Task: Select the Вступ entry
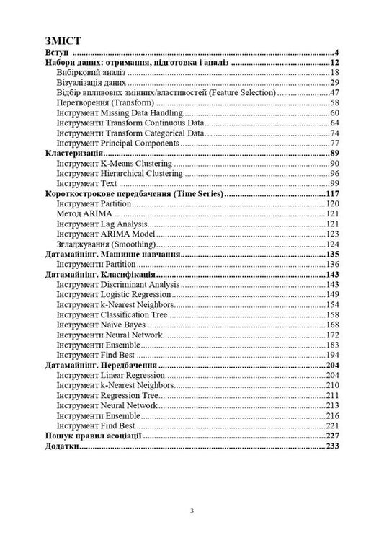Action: [x=56, y=53]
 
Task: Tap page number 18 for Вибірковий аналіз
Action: [x=334, y=73]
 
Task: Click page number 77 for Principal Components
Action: [x=334, y=144]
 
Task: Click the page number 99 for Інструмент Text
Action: [x=334, y=184]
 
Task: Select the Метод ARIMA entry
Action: [x=79, y=214]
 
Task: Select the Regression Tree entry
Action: [x=115, y=396]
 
